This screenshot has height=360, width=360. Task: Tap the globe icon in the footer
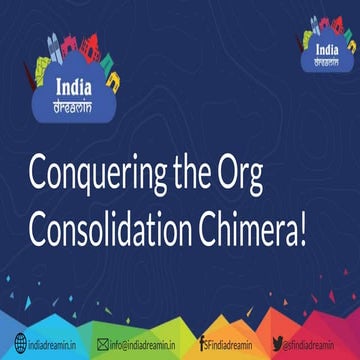click(x=9, y=344)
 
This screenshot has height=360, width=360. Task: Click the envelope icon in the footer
click(x=102, y=344)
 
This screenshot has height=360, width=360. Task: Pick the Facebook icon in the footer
click(x=203, y=344)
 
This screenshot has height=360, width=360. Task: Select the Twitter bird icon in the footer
click(x=274, y=344)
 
